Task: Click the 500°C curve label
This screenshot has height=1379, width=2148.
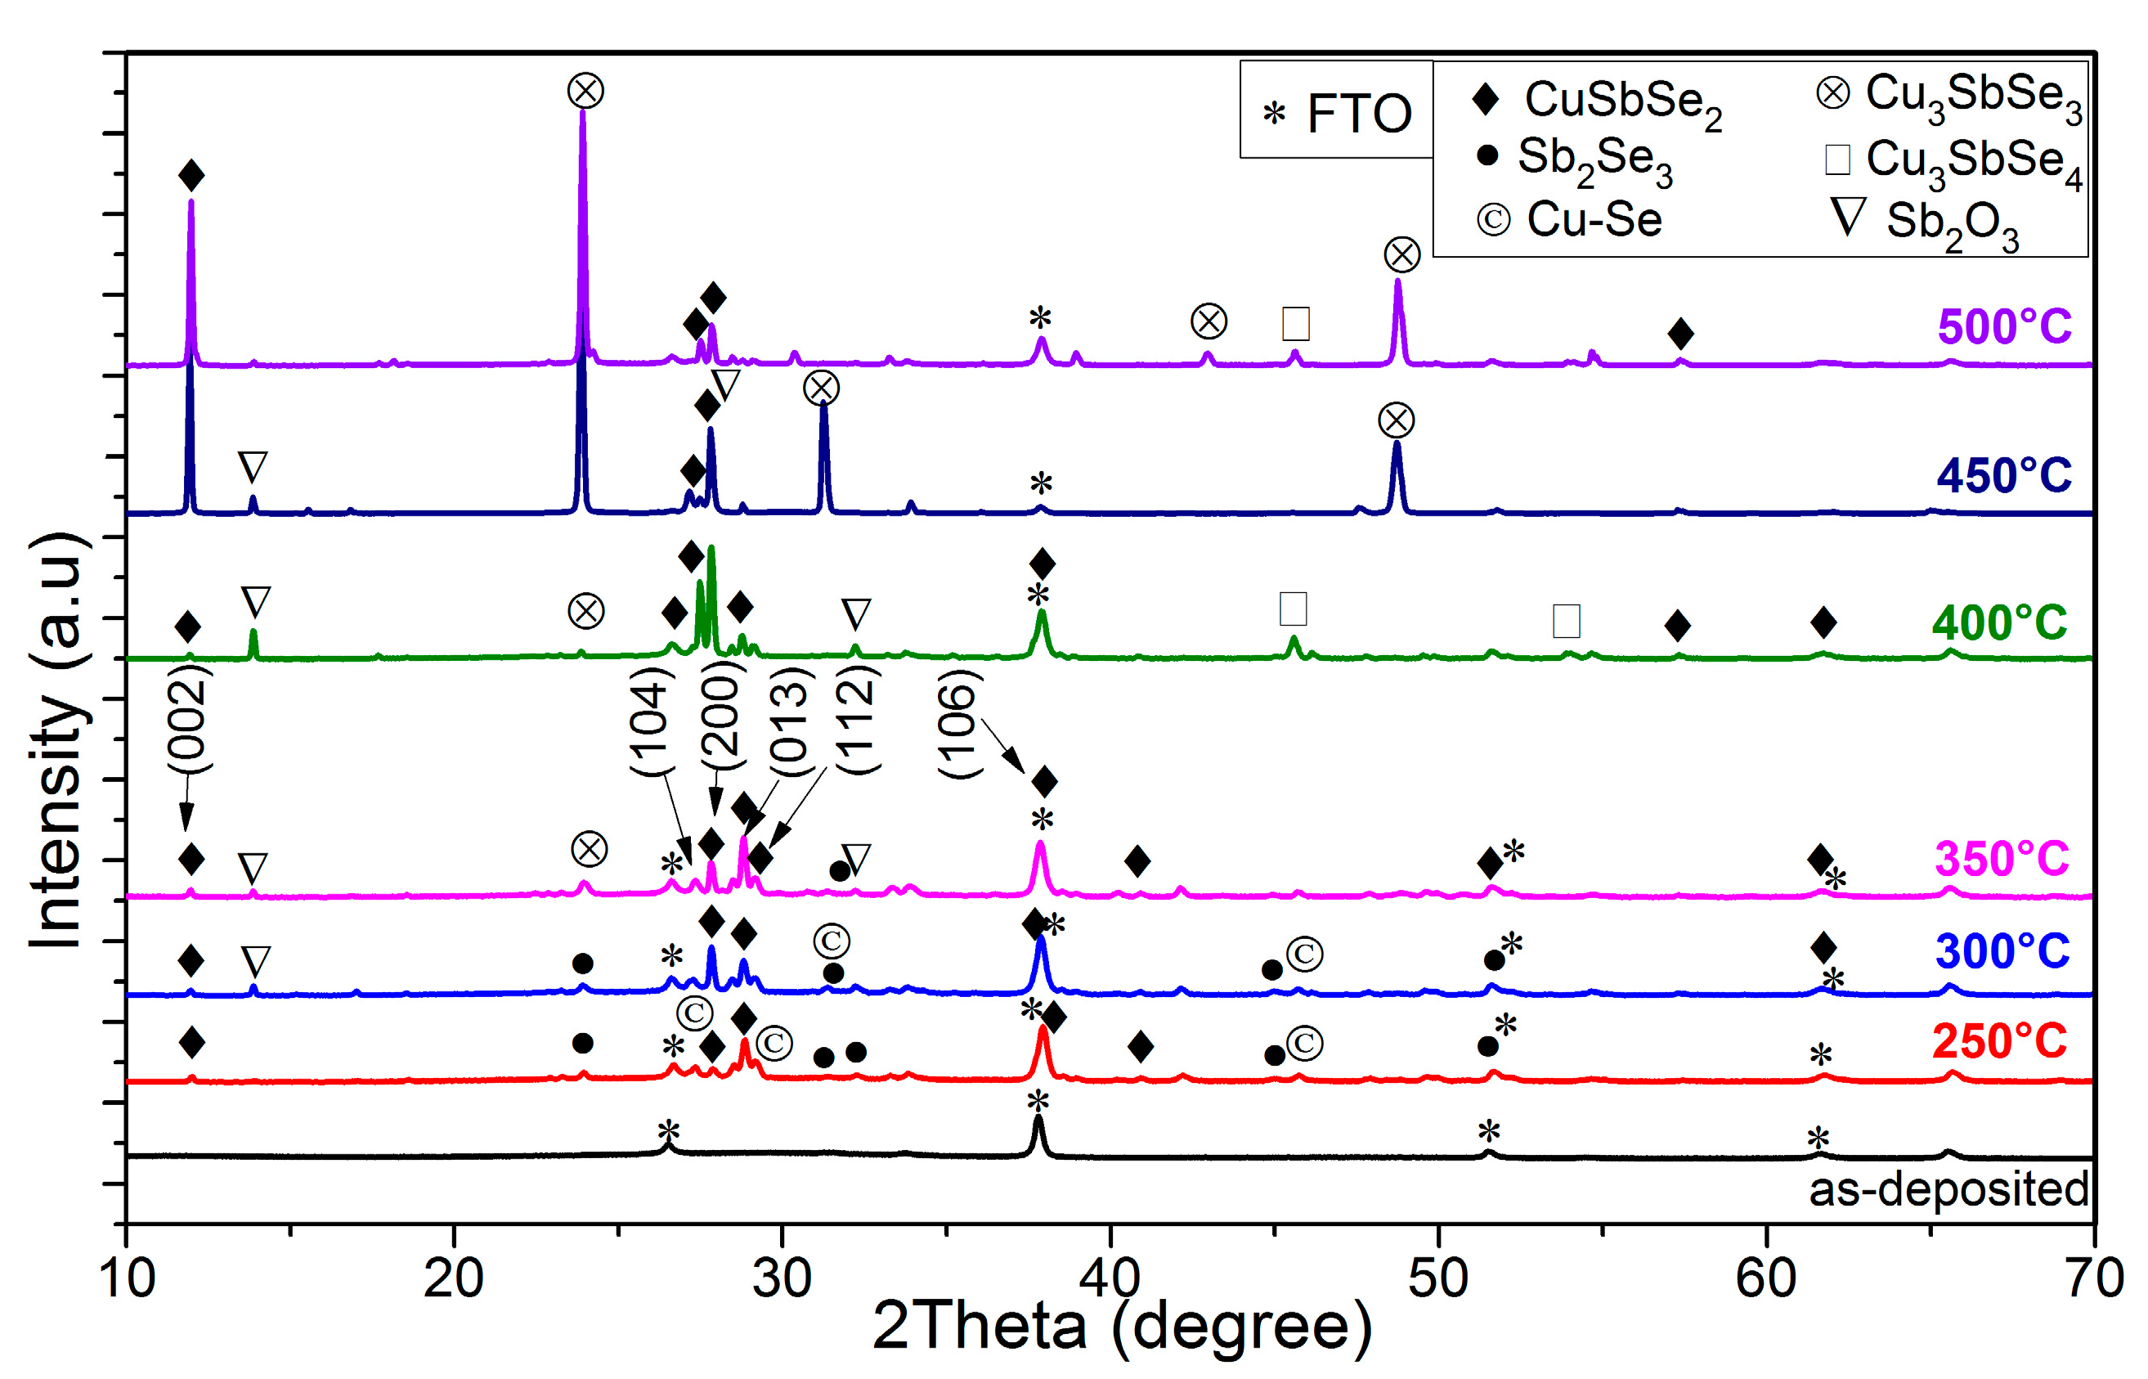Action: [x=2003, y=326]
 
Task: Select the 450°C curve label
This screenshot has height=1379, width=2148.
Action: [x=2003, y=474]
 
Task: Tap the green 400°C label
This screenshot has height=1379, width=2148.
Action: [x=1998, y=622]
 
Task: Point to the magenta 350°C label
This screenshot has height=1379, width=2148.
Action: [x=2001, y=859]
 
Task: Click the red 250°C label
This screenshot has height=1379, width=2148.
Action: [x=1998, y=1041]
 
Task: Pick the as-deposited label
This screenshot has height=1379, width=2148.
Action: [x=1948, y=1189]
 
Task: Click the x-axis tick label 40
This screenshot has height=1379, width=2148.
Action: [x=1110, y=1278]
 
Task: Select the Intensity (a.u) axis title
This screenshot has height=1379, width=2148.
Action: [x=58, y=739]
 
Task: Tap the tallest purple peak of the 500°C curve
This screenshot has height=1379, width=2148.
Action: [x=583, y=116]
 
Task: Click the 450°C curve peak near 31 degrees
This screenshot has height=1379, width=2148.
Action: [x=823, y=407]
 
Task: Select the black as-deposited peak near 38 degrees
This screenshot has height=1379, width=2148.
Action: [x=1038, y=1120]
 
